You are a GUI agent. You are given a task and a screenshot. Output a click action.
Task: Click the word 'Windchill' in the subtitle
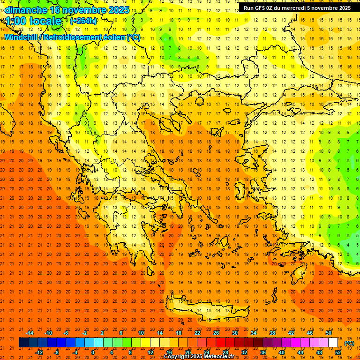[x=21, y=37]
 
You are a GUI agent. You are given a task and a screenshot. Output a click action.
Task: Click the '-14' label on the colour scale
[x=30, y=333]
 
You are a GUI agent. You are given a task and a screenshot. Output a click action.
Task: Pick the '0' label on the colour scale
[x=93, y=352]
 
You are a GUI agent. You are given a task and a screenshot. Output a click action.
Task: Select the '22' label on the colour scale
[x=197, y=333]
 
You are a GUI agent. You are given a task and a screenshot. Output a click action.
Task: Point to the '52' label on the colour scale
[x=338, y=352]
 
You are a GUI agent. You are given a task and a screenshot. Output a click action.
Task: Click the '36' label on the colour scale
[x=263, y=352]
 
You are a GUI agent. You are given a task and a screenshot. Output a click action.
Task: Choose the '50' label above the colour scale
[x=329, y=333]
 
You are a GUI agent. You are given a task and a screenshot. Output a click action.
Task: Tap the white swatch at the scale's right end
[x=333, y=343]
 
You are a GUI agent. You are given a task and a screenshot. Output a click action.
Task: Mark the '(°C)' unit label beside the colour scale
[x=349, y=343]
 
